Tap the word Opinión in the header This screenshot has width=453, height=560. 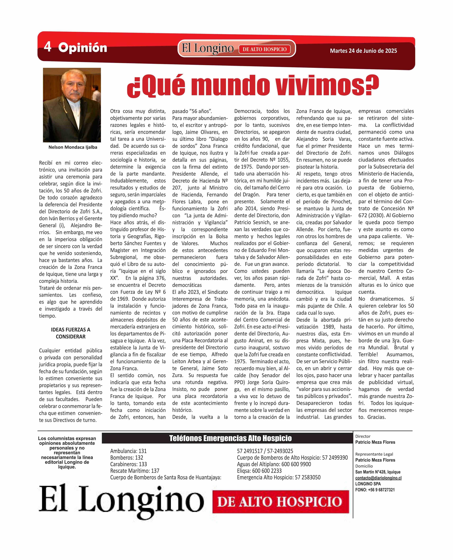82,48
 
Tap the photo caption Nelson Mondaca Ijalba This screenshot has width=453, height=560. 73,147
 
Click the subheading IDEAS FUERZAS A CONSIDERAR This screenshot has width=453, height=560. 70,333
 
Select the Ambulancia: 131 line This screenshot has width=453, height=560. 128,451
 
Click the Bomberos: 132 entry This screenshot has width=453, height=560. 127,458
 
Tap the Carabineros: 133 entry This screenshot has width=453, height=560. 128,464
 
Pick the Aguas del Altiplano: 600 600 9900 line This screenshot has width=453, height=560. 274,464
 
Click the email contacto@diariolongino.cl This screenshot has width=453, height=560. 378,478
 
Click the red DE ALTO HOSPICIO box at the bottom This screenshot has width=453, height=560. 281,501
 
